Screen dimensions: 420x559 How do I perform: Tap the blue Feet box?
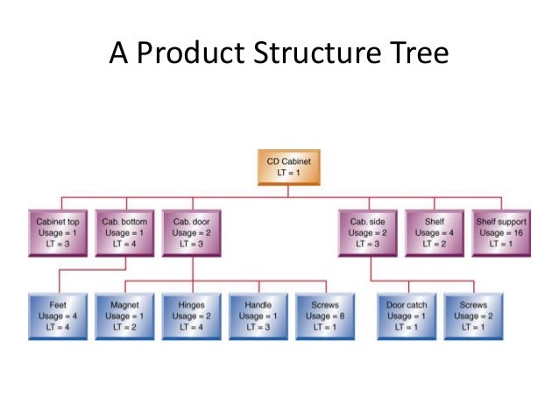(x=57, y=315)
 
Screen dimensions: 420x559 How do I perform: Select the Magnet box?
(x=124, y=315)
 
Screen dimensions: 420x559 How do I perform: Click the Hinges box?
(x=191, y=315)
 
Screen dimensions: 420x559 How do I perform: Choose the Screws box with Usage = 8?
(x=324, y=315)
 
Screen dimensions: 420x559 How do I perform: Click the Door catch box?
(x=407, y=315)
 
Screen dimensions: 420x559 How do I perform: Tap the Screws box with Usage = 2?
(x=474, y=315)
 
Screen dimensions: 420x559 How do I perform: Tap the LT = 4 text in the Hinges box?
(x=191, y=327)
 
